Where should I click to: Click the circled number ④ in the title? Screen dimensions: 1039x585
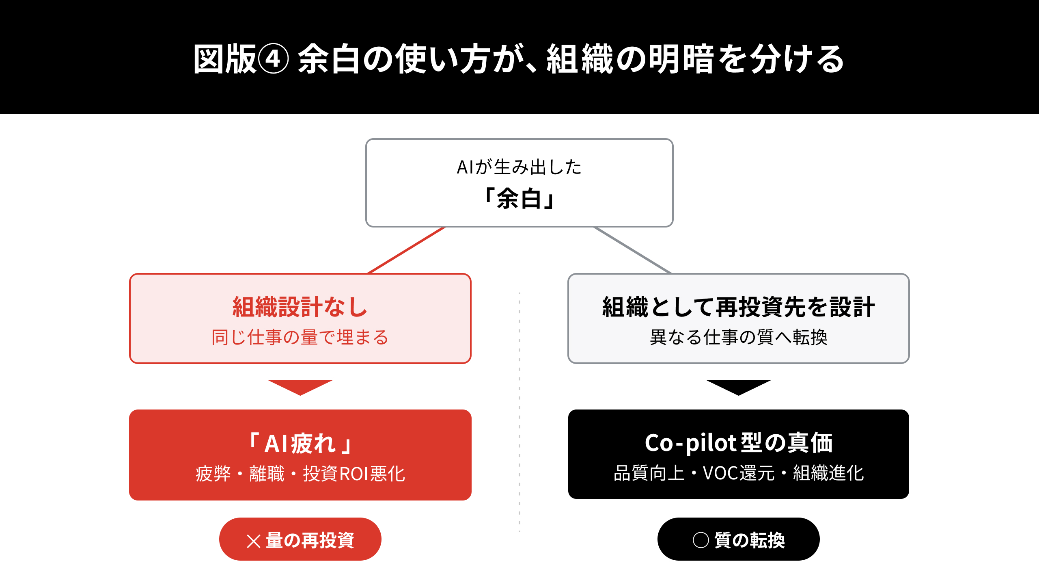273,59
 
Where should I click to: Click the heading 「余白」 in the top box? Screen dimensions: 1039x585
519,199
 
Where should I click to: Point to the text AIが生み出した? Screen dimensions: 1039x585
519,167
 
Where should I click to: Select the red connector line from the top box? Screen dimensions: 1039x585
406,250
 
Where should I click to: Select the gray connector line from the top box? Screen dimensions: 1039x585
632,250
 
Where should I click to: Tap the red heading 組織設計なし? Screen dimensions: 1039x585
300,307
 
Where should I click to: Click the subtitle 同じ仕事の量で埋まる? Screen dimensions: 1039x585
300,337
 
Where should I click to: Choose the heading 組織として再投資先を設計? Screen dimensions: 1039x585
738,307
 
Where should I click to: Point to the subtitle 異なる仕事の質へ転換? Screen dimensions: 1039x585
738,337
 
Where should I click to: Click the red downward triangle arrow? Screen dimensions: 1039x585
300,386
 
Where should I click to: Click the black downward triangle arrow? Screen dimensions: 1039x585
739,386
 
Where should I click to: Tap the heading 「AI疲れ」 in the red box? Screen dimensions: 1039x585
300,443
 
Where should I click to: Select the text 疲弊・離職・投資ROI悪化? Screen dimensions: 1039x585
300,474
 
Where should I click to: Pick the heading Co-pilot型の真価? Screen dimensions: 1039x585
739,442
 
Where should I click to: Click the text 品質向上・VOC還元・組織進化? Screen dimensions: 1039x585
739,473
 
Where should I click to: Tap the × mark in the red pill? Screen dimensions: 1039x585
254,541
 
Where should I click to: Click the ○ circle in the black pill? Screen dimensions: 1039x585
701,540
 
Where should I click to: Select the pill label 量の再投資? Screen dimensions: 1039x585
310,540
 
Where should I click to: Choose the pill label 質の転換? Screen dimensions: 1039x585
750,540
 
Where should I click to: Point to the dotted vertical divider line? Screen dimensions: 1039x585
519,412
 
